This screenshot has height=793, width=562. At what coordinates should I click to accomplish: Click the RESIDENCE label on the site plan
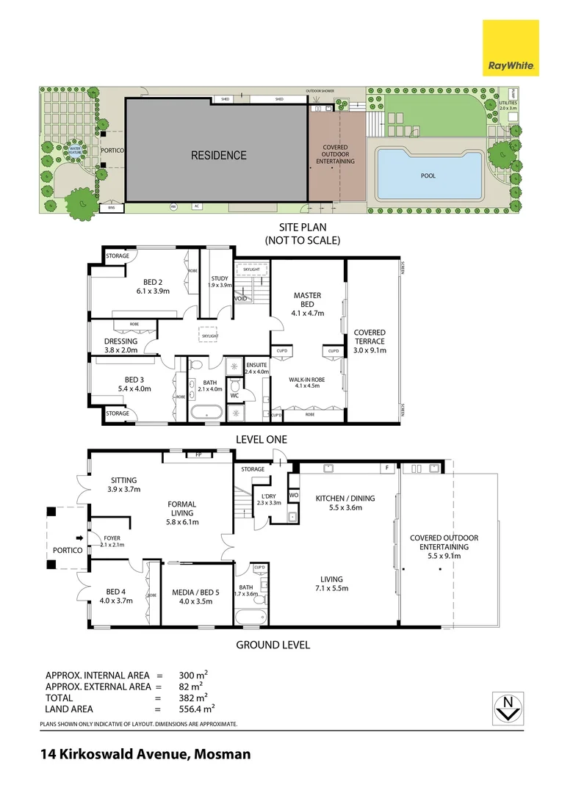pyautogui.click(x=219, y=156)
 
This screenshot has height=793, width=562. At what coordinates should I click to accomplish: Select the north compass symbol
pyautogui.click(x=506, y=709)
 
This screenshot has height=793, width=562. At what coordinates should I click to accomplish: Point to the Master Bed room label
pyautogui.click(x=308, y=300)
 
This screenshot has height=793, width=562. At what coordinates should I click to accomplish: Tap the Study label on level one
pyautogui.click(x=220, y=279)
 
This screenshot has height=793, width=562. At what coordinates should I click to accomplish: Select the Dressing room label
pyautogui.click(x=120, y=341)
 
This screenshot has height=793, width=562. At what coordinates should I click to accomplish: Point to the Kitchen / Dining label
pyautogui.click(x=345, y=499)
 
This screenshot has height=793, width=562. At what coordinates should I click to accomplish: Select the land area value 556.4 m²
pyautogui.click(x=196, y=709)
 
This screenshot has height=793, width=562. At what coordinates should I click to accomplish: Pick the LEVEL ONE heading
pyautogui.click(x=261, y=439)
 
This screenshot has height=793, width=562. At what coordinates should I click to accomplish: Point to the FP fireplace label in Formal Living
pyautogui.click(x=198, y=455)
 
